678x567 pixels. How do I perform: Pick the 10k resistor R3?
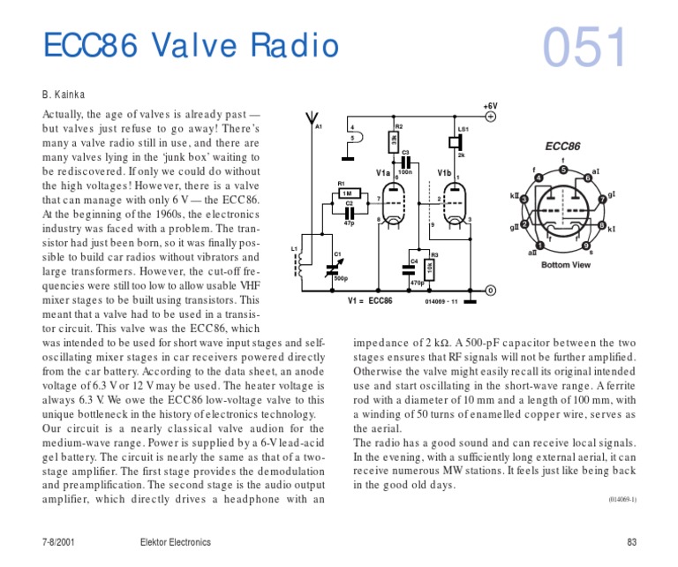coord(429,268)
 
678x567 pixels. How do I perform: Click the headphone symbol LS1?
coord(458,141)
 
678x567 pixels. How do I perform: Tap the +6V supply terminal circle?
coord(491,116)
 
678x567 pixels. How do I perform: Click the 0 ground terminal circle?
coord(491,291)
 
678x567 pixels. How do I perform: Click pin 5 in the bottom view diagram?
coord(562,170)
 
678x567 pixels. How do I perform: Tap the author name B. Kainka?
coord(63,94)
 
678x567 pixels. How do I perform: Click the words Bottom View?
coord(566,265)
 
